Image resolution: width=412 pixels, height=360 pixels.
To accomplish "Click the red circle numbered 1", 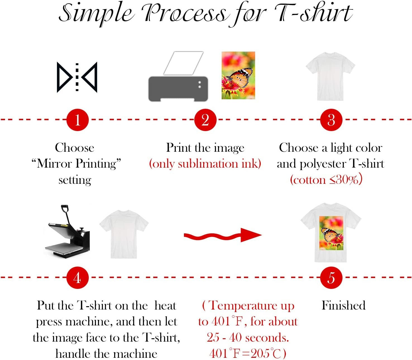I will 77,120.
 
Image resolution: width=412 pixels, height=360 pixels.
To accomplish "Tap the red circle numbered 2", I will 205,120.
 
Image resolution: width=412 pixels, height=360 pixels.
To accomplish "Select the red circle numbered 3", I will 331,120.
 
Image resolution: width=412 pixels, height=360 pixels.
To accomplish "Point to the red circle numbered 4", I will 77,278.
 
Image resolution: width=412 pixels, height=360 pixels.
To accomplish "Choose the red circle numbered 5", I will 331,278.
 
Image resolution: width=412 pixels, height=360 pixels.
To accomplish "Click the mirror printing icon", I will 77,77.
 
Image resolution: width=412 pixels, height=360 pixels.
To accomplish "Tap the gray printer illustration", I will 178,89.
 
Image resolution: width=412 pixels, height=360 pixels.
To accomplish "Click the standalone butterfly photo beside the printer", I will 238,75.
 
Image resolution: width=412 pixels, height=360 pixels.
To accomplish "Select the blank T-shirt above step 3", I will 330,76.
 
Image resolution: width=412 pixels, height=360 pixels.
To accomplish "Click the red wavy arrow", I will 222,235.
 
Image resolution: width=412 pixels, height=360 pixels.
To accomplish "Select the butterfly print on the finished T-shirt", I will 331,233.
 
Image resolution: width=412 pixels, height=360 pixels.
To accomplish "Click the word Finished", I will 343,305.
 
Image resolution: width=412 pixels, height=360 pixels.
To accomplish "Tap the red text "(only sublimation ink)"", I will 205,164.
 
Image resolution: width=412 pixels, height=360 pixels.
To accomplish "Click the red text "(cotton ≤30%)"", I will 326,180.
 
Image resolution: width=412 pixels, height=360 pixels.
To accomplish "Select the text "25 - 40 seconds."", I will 248,338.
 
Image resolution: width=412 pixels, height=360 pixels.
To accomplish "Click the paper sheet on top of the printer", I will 183,63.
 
